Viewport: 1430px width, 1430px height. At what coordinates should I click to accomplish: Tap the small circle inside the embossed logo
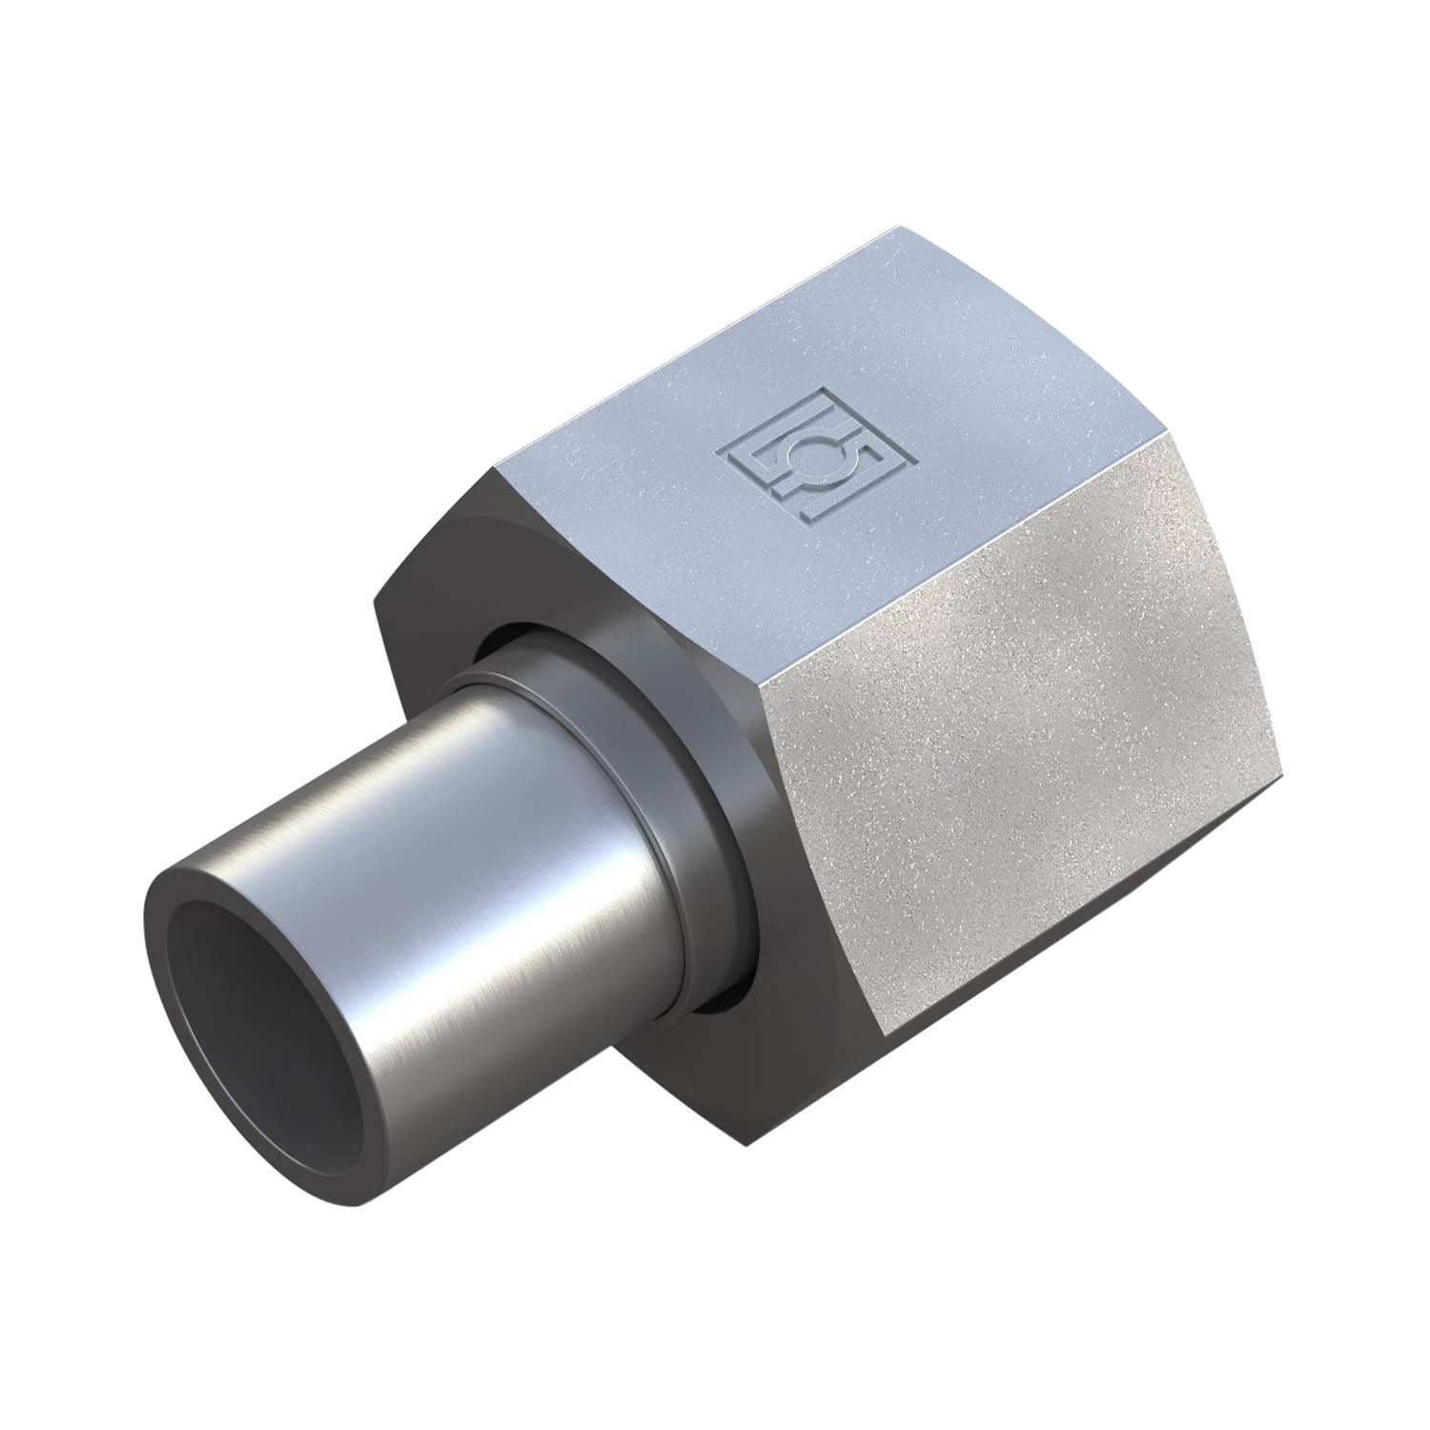coord(819,453)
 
